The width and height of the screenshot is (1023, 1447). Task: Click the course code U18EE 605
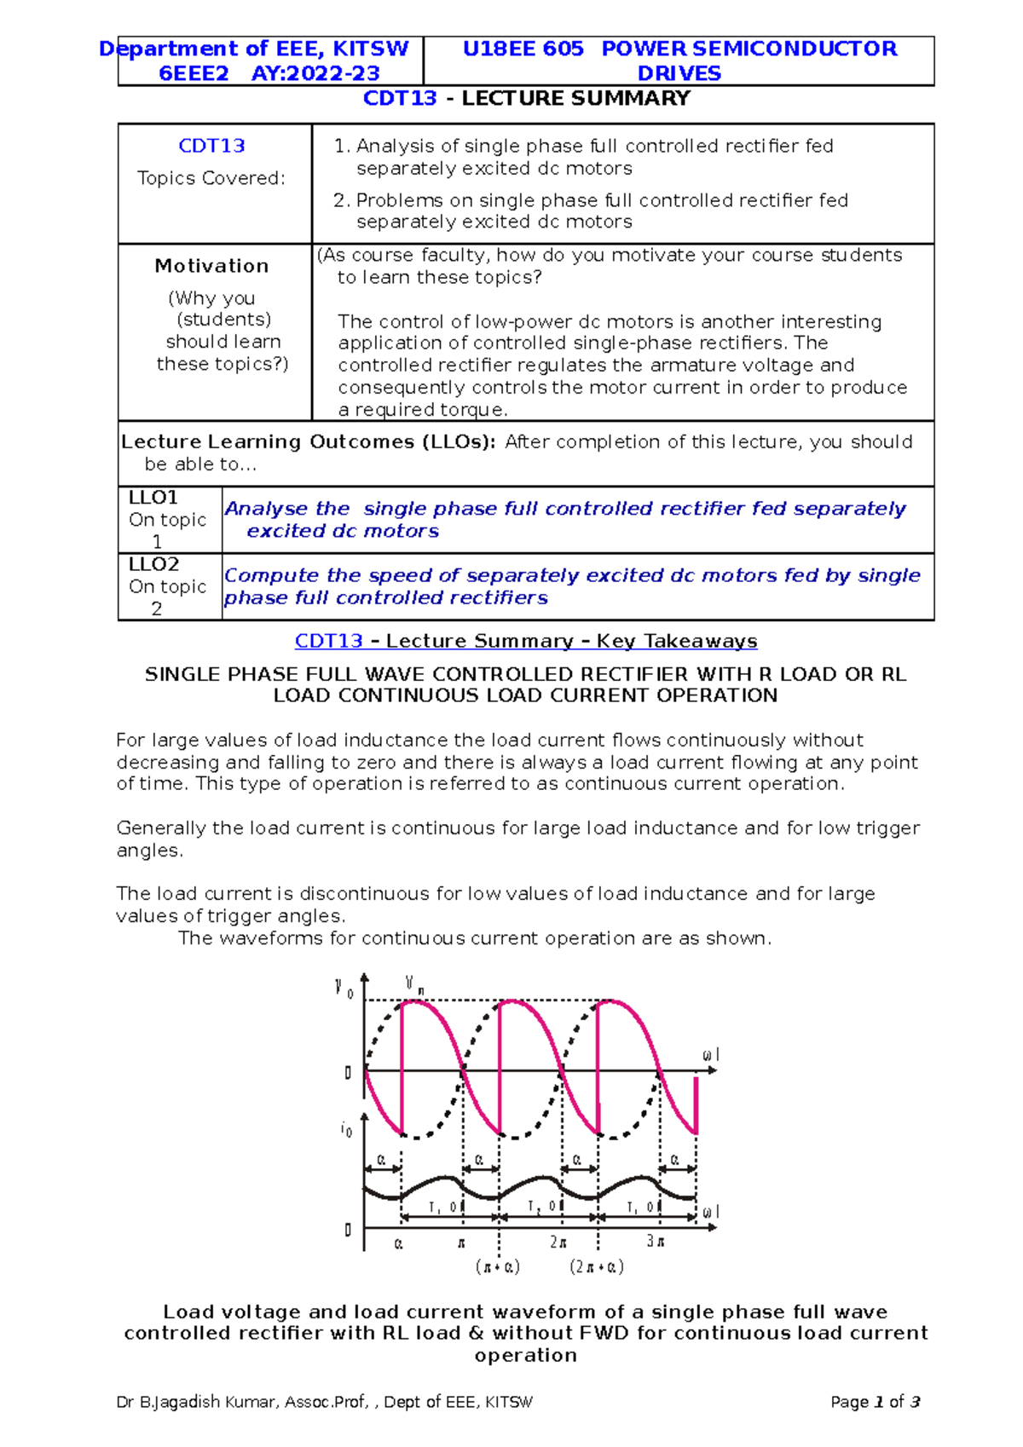[523, 49]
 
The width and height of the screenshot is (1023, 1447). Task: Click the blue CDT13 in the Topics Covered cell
[211, 146]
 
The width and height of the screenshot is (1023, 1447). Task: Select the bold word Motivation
[211, 266]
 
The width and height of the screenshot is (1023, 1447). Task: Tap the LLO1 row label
[153, 498]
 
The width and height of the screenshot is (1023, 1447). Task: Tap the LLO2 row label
[153, 564]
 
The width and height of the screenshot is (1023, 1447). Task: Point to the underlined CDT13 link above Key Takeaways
[329, 641]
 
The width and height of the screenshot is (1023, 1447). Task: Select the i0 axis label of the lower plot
[346, 1130]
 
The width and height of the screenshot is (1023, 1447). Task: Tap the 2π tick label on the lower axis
[558, 1242]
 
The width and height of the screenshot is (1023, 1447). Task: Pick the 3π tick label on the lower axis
[656, 1241]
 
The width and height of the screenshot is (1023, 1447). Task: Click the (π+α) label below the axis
[498, 1266]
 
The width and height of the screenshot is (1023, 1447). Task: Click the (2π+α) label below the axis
[597, 1266]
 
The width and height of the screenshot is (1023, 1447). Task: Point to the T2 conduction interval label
[535, 1207]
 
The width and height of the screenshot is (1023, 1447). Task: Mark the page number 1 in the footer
[878, 1402]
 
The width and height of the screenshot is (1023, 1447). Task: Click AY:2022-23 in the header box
[315, 73]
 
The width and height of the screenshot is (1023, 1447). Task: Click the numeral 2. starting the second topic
[341, 200]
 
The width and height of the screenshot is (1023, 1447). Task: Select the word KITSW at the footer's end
[508, 1402]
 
